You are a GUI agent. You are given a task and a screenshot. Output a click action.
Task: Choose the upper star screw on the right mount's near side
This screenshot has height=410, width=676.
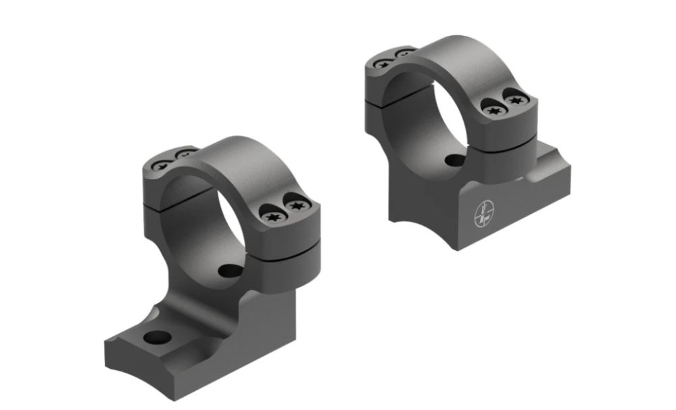516,101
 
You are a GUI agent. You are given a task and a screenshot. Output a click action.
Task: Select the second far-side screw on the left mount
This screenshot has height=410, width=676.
181,154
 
